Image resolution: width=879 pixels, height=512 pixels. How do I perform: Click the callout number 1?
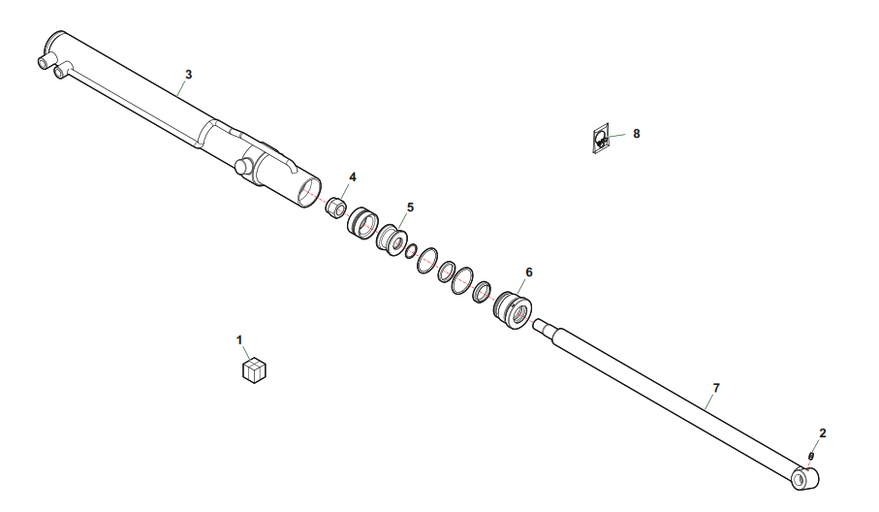click(x=239, y=339)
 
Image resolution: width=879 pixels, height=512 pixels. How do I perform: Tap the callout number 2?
click(x=823, y=432)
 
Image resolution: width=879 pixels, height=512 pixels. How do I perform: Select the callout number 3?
click(x=188, y=75)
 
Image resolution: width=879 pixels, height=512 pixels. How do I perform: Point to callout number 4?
click(x=353, y=177)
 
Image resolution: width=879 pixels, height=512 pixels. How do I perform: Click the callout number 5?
click(x=410, y=208)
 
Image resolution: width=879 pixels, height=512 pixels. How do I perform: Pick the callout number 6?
click(x=529, y=272)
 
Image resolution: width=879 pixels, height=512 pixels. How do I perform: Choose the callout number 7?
click(x=716, y=388)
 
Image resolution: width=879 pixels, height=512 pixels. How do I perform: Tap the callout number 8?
click(x=637, y=134)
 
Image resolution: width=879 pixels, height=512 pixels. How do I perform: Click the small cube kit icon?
click(x=254, y=370)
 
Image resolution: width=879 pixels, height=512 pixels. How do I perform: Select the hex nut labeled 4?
click(x=335, y=208)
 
